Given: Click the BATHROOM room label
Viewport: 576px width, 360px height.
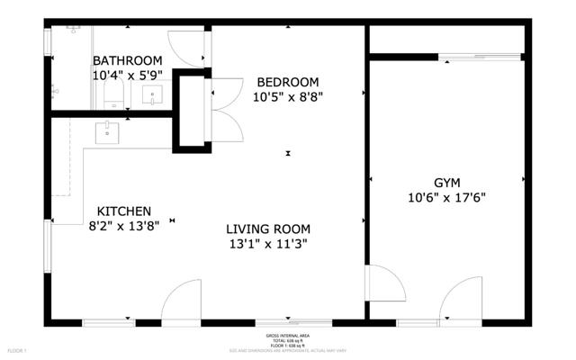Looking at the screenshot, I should (127, 60).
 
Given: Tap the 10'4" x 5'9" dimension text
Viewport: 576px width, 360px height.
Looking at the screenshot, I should (127, 76).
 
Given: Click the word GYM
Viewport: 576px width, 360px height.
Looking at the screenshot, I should (447, 181).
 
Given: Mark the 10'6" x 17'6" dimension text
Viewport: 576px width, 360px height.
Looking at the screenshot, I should (447, 197).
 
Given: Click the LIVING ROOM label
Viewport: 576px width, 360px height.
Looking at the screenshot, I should (268, 229).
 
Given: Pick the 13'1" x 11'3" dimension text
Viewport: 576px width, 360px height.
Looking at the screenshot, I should (268, 245).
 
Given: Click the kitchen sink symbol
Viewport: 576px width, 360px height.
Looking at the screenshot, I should (109, 132).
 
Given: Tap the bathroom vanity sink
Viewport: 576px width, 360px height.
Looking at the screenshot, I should (153, 94).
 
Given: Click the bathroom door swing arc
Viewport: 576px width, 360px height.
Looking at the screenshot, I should (187, 49).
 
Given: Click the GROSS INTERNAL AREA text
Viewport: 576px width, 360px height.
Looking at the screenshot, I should (288, 335).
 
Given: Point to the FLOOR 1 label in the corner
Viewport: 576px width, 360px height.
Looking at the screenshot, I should (18, 349).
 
